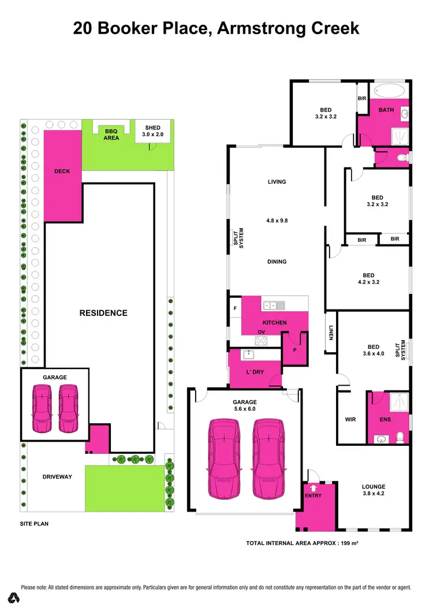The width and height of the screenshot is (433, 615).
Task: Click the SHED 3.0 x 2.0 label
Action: tap(153, 131)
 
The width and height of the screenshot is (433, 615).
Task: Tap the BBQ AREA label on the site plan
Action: tap(111, 135)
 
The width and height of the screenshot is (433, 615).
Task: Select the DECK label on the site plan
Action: tap(62, 171)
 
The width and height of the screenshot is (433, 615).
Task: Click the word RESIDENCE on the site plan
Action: tap(103, 313)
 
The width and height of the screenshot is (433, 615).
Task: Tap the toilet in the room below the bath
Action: tap(402, 156)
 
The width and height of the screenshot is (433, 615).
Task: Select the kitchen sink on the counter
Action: tap(271, 305)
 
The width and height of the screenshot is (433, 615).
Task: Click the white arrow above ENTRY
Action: tap(313, 488)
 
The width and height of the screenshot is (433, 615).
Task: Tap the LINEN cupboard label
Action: tap(331, 333)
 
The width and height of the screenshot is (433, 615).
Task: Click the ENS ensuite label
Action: tap(385, 420)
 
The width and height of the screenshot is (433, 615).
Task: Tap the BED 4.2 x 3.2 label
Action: tap(368, 279)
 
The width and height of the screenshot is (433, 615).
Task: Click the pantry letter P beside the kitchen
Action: tap(294, 349)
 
